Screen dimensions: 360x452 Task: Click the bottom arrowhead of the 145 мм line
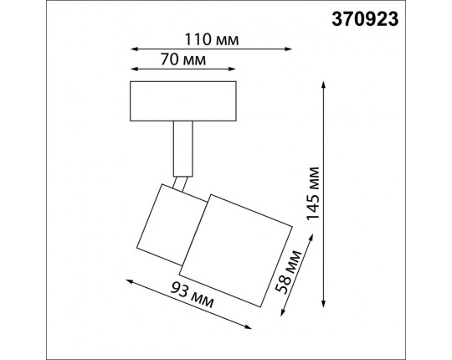325,303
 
